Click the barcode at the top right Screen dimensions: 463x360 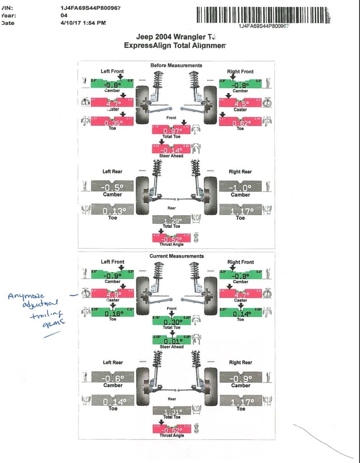264,15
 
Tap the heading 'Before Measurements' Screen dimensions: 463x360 176,66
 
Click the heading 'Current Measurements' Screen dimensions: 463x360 176,256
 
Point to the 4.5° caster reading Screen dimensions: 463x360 240,103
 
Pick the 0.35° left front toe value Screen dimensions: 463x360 112,122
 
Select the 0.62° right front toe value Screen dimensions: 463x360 240,122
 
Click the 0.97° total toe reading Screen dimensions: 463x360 172,131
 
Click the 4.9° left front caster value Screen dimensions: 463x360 112,293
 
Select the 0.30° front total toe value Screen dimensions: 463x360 172,321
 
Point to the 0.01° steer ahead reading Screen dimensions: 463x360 172,340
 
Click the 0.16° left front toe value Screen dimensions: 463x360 112,312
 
